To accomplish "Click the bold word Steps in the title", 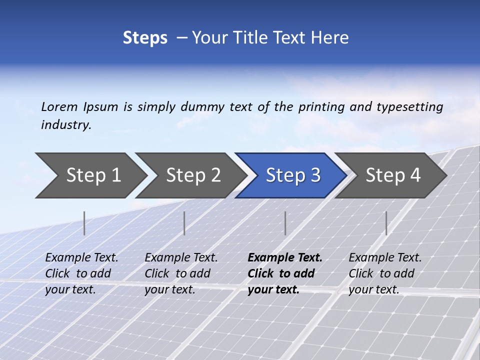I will (145, 38).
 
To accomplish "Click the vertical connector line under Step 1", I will (84, 223).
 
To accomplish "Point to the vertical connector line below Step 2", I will (184, 223).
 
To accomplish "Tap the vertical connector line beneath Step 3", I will (285, 223).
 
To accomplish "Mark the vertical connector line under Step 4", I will (386, 223).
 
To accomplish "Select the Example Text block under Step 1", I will (81, 273).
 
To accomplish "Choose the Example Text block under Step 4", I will (385, 273).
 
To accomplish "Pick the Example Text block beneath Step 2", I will (181, 273).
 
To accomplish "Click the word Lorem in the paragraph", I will (59, 106).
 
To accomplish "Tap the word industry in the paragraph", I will (65, 125).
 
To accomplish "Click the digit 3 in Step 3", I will (315, 175).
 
